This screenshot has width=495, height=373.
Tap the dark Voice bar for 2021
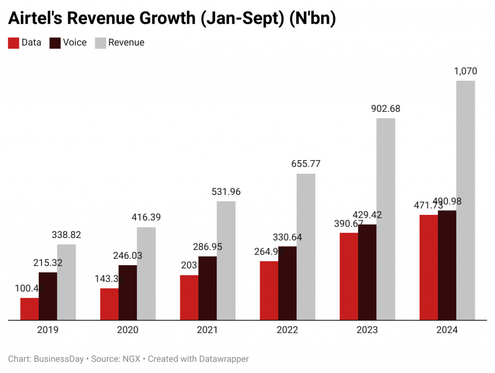[x=207, y=288]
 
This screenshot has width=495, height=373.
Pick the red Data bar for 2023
[x=349, y=276]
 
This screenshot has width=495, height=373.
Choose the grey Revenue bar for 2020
[x=146, y=273]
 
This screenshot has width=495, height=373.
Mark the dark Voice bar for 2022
[x=287, y=283]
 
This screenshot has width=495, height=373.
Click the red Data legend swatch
[x=13, y=43]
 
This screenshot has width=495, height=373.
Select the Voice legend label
[x=74, y=43]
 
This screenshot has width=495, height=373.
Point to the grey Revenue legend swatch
[x=100, y=43]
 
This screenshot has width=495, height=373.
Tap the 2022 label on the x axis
[x=288, y=330]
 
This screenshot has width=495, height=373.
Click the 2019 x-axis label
[x=48, y=330]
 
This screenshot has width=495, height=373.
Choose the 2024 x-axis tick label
[x=447, y=330]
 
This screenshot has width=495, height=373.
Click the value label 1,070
[x=466, y=72]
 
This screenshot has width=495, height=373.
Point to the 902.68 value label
[x=385, y=109]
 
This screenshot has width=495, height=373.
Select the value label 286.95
[x=207, y=247]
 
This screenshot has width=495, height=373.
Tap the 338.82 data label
[x=66, y=235]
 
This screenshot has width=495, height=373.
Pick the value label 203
[x=189, y=266]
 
